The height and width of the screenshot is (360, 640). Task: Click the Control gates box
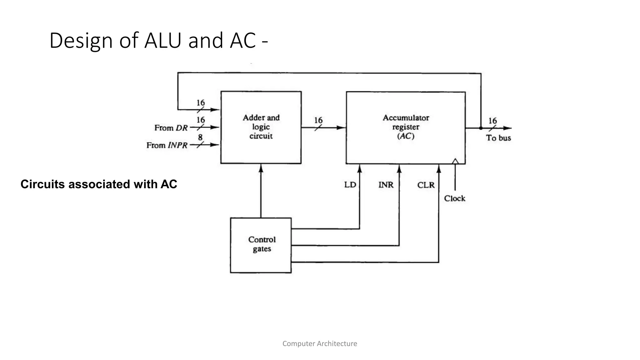click(261, 245)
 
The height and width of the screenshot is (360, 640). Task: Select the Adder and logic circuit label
click(261, 127)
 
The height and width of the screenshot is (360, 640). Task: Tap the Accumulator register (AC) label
click(406, 127)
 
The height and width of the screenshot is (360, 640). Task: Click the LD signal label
click(350, 185)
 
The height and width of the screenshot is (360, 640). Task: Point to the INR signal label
click(386, 185)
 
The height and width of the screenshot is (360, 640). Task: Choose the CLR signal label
click(426, 185)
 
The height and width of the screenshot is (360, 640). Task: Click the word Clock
click(454, 198)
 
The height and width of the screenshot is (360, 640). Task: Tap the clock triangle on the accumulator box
click(455, 161)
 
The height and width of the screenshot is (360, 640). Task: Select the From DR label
click(171, 128)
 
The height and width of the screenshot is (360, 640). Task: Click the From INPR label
click(167, 145)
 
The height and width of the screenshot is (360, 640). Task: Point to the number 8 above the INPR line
click(200, 137)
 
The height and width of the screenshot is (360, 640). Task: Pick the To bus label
click(498, 138)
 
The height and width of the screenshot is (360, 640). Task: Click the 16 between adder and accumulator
click(318, 120)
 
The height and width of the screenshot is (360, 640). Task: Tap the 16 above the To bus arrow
click(492, 121)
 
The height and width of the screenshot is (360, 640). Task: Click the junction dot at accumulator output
click(481, 128)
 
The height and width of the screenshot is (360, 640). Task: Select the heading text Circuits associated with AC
click(99, 184)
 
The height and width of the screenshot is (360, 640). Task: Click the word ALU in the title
click(162, 41)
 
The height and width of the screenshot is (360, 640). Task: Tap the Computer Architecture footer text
click(320, 344)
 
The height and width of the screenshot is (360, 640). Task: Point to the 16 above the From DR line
click(201, 120)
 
